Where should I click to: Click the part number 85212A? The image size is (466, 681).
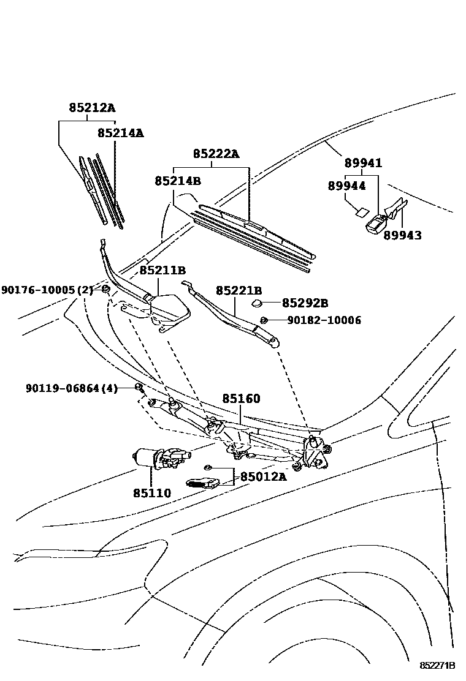91,108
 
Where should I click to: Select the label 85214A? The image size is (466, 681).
120,132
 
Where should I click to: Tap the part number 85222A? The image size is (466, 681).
216,154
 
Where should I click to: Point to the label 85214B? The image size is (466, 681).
178,181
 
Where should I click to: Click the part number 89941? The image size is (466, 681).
363,163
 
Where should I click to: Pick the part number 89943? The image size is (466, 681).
402,235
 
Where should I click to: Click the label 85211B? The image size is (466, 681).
162,270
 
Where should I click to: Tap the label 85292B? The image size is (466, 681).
305,303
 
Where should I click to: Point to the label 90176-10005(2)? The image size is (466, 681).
47,290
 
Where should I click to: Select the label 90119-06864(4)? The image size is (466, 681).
71,388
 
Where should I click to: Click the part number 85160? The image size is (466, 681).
241,399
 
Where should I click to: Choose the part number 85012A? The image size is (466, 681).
262,476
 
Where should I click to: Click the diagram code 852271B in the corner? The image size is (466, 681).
437,666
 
